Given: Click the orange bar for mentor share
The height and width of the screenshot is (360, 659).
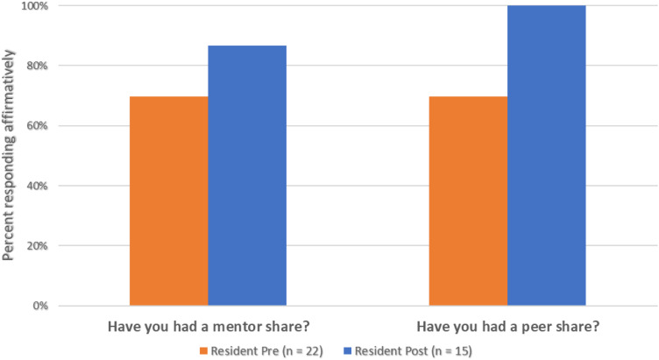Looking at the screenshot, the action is coord(168,201).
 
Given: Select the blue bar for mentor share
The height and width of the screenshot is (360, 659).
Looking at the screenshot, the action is coord(247,175).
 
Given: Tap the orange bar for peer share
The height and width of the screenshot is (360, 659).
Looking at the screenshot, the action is coord(468,201).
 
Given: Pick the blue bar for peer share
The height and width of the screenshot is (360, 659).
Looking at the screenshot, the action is coord(546,155).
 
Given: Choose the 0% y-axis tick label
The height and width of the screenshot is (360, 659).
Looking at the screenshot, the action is coord(40,306).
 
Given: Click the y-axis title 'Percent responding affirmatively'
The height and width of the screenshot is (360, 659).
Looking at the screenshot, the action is coord(9,155).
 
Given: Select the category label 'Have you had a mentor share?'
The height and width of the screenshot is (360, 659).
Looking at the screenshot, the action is coord(209,327).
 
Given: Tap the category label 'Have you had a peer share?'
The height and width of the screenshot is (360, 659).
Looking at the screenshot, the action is coord(508,327).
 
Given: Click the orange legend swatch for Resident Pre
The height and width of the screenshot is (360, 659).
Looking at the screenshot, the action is coord(203,350).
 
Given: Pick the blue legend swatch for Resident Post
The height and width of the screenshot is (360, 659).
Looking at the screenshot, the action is coord(347,350).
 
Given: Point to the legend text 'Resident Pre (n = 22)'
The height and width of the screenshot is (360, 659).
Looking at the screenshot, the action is coord(267,350).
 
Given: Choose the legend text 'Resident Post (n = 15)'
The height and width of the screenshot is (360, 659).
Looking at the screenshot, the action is coord(414,350).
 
